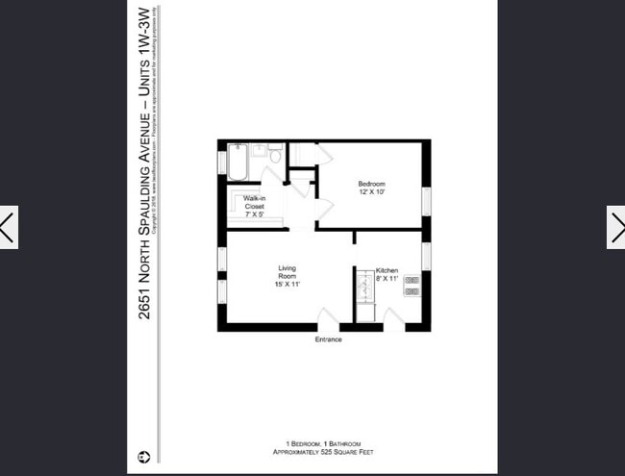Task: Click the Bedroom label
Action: [x=371, y=184]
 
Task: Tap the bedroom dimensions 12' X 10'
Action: [x=371, y=192]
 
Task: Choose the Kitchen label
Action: [x=387, y=270]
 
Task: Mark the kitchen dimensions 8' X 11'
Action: [x=387, y=279]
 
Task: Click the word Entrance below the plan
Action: [x=328, y=339]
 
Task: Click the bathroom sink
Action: [x=259, y=151]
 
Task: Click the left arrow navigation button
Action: [x=9, y=228]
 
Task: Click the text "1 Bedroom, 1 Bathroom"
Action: [x=312, y=444]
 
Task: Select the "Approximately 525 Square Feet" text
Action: [x=312, y=453]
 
